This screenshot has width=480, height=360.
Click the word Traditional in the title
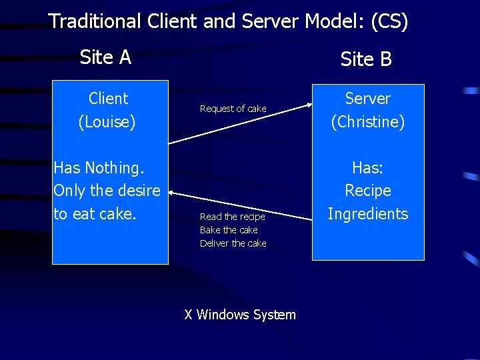coord(93,21)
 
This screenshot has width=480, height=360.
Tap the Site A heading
coord(105,57)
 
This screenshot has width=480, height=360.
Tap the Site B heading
coord(366,59)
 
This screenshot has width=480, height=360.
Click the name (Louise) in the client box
coord(107,122)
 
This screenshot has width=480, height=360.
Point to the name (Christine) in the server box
coord(368,122)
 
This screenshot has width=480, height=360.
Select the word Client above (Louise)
coord(108,99)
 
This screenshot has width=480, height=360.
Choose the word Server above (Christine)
coord(368,99)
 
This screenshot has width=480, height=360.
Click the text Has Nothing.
coord(99,167)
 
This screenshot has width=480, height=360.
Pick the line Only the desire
coord(107,191)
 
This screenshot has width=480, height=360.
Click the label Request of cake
coord(233,109)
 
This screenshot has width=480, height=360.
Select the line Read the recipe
coord(232,217)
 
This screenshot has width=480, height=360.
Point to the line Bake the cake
coord(229,230)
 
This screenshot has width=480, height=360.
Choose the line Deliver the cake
coord(233,243)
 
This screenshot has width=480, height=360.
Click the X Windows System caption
coord(240,315)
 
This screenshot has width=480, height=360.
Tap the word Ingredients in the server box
coord(368,213)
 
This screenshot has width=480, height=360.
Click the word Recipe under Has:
coord(368,191)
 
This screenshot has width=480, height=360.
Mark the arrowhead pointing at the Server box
coord(308,104)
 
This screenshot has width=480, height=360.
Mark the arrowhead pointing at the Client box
coord(171,192)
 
